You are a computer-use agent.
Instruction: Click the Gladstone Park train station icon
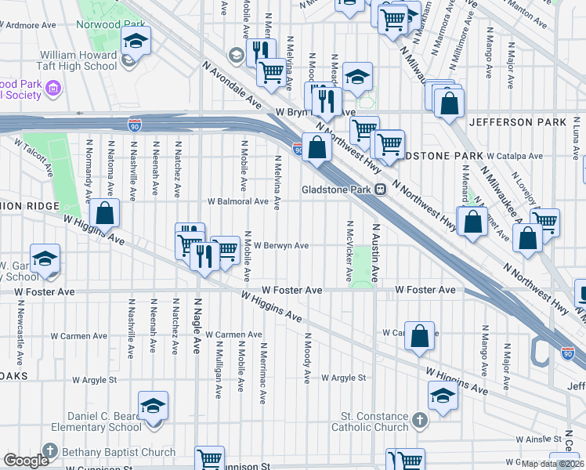[381, 189]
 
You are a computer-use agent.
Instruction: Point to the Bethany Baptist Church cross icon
[50, 451]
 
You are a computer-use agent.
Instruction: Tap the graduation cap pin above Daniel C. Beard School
[153, 406]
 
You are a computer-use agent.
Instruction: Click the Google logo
[27, 461]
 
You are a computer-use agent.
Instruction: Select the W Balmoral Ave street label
[238, 201]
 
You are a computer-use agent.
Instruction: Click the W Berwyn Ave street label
[280, 245]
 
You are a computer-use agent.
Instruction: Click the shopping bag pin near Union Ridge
[104, 213]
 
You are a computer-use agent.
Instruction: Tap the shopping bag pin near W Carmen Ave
[420, 336]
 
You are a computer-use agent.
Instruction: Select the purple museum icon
[52, 89]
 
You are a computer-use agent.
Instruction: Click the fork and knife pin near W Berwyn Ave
[203, 255]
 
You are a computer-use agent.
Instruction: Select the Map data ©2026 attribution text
[553, 464]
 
